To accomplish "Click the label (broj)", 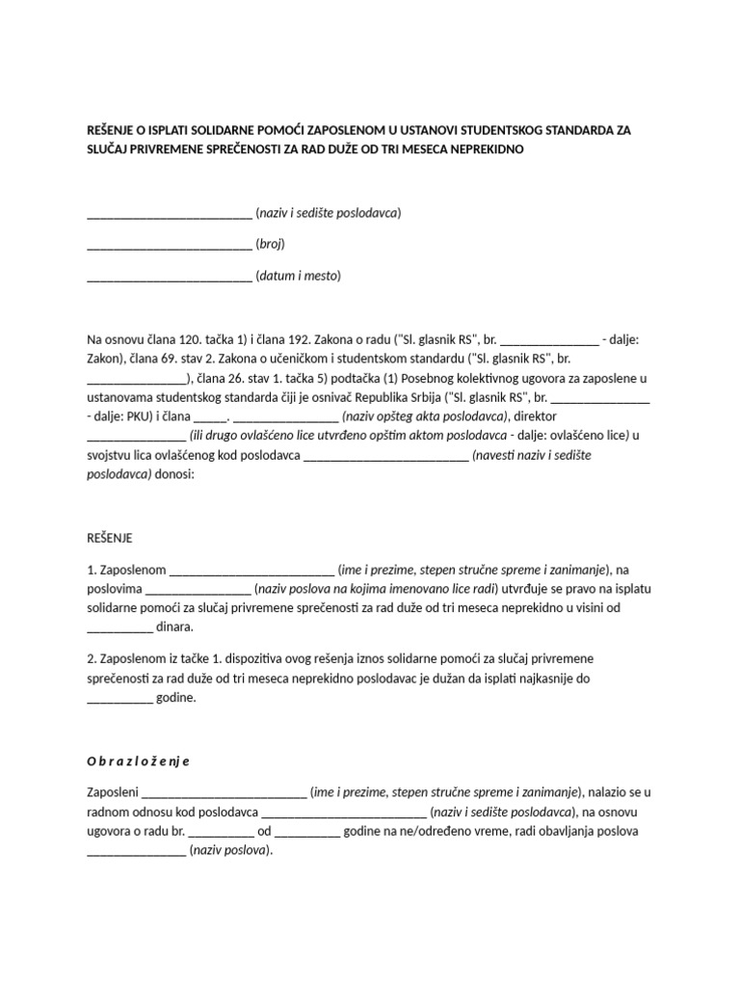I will [x=270, y=244].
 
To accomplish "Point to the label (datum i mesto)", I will [x=298, y=276].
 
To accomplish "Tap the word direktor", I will [x=542, y=416].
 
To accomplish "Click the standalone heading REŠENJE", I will [x=109, y=537].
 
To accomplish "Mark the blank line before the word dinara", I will [x=119, y=627].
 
